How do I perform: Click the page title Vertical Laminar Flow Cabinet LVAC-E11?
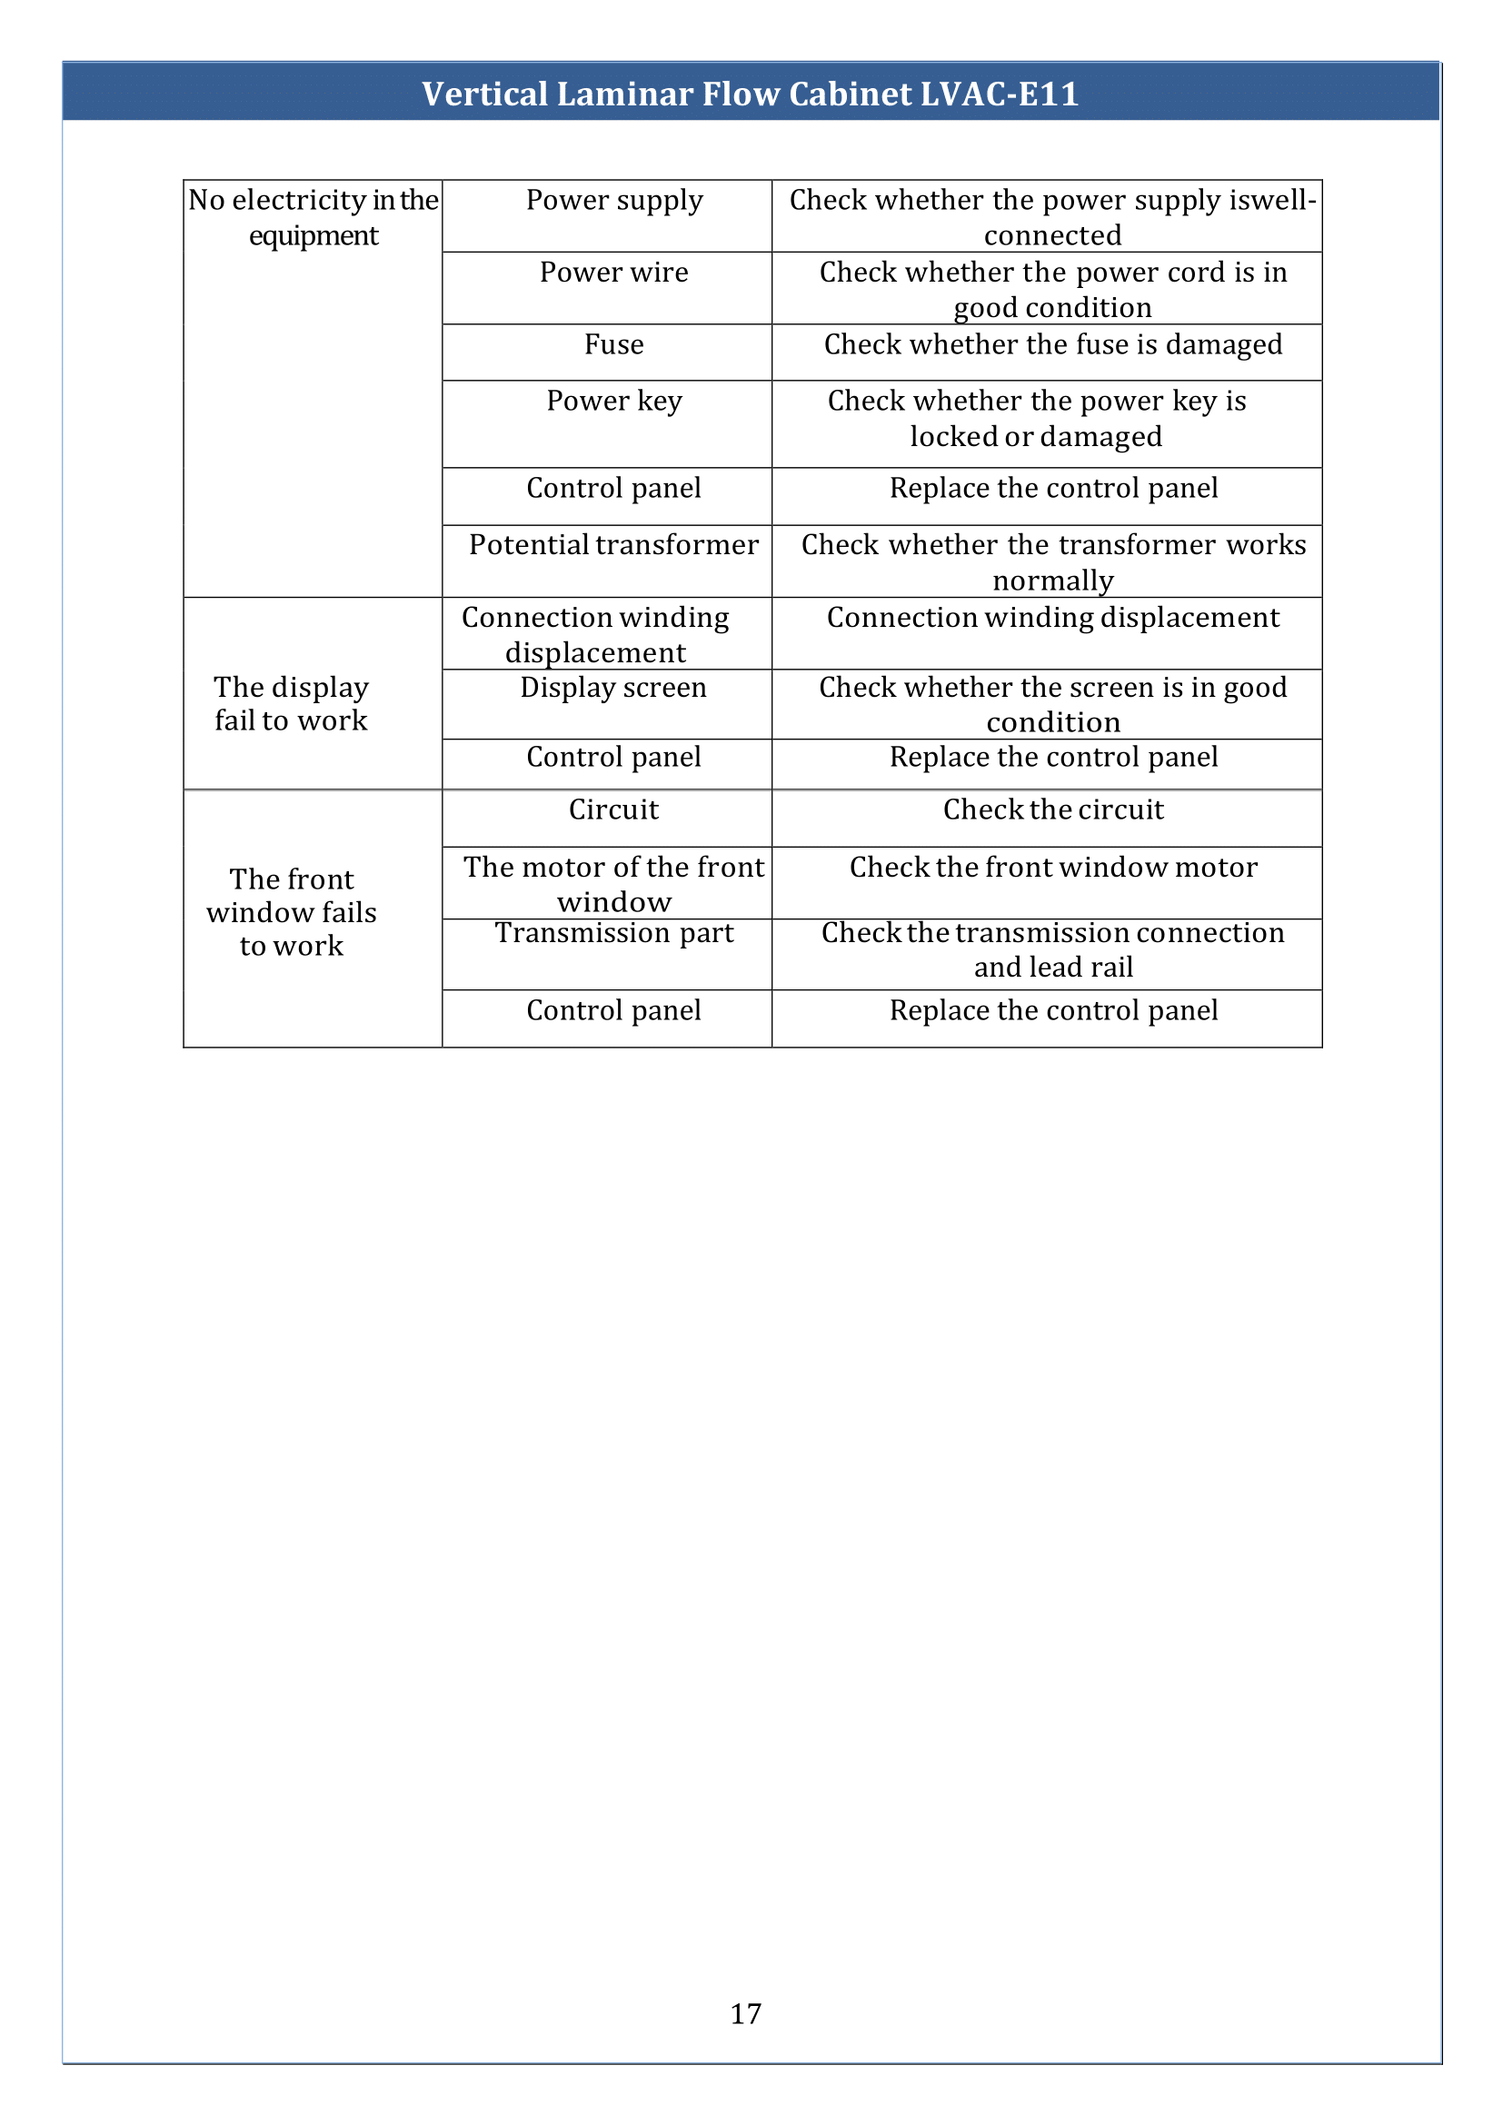(x=751, y=94)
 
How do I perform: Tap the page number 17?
(x=746, y=2013)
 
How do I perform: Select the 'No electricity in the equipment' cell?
(x=313, y=217)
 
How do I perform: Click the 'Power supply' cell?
(x=614, y=200)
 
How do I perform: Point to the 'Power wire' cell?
(x=614, y=273)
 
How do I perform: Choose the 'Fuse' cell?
(x=614, y=344)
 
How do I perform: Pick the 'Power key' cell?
(x=614, y=401)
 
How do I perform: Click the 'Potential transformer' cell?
(x=614, y=544)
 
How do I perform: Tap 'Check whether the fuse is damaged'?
(x=1053, y=344)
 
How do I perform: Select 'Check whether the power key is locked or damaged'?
(x=1037, y=418)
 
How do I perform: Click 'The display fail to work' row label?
(x=292, y=703)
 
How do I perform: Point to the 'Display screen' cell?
(x=613, y=688)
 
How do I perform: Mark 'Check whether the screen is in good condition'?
(x=1053, y=704)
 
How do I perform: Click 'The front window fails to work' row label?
(x=292, y=912)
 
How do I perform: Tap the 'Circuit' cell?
(x=614, y=809)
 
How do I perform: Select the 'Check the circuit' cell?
(x=1053, y=809)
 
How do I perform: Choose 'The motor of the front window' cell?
(x=614, y=884)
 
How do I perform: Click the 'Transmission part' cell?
(x=614, y=933)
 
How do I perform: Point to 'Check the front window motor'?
(x=1053, y=868)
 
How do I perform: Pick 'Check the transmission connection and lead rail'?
(x=1053, y=949)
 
